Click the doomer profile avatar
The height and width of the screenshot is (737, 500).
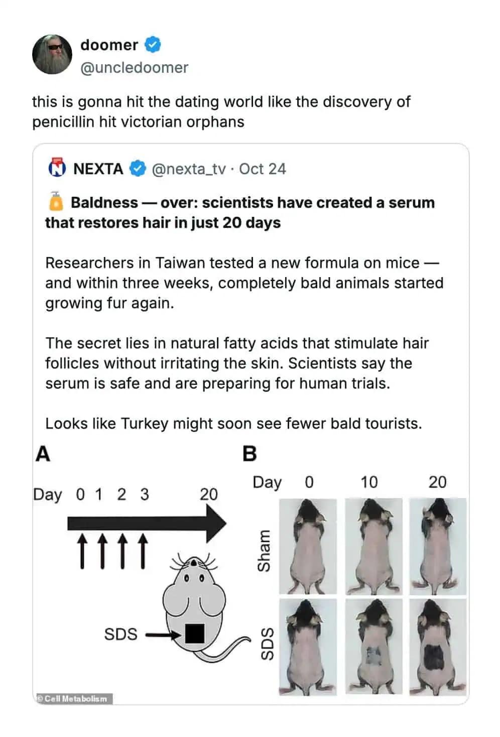click(52, 54)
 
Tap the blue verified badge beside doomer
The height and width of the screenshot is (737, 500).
click(153, 45)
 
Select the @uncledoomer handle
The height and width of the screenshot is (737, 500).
click(134, 68)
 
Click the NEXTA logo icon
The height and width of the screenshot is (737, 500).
click(57, 169)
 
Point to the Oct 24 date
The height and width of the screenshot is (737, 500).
click(263, 169)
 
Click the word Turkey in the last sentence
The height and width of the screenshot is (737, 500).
click(145, 423)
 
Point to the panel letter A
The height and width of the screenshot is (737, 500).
click(43, 454)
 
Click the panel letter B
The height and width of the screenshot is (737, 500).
click(249, 454)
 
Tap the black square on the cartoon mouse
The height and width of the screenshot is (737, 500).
click(194, 634)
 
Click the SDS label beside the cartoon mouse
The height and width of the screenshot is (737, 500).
click(120, 634)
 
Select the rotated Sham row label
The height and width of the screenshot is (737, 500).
click(264, 551)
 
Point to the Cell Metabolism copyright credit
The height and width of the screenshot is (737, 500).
click(74, 698)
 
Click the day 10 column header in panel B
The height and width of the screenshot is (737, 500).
click(369, 482)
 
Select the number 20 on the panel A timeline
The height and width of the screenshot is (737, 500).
click(209, 495)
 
